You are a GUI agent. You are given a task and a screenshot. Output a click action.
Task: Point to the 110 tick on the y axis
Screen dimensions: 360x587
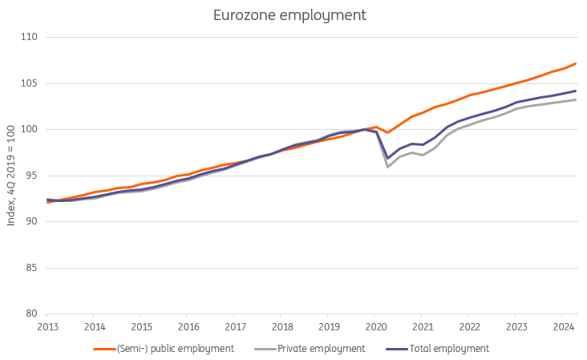point(32,38)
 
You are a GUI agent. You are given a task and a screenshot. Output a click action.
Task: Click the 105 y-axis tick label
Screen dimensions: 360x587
point(32,83)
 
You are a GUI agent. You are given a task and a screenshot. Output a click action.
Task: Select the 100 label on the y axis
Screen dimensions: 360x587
point(32,130)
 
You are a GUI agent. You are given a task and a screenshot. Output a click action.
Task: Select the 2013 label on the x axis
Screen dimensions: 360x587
point(47,327)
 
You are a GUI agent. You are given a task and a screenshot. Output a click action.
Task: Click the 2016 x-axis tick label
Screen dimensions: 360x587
point(188,327)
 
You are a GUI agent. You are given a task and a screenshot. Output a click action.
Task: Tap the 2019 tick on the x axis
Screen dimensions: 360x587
point(329,327)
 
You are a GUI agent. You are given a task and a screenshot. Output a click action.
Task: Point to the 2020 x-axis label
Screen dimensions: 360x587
point(376,327)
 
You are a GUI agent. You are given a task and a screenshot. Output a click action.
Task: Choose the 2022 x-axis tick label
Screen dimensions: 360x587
point(470,327)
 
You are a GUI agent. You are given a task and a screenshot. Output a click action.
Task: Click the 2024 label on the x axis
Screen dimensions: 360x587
point(564,327)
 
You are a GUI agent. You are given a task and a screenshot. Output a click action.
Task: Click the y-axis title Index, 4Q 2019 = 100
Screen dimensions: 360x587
point(11,176)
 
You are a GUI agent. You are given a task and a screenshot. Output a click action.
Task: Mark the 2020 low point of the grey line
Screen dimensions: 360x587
point(388,167)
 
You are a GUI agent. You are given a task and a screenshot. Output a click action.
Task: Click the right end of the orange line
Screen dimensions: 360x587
point(576,63)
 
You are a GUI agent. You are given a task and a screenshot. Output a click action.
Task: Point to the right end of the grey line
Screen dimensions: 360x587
point(576,99)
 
